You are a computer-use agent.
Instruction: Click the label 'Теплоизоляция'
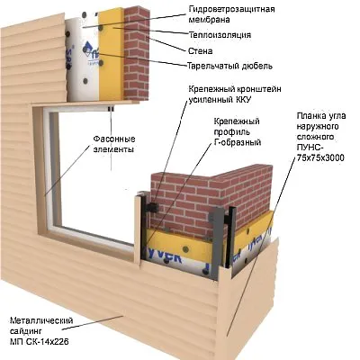pos(220,35)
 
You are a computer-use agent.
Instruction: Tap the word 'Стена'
pos(200,51)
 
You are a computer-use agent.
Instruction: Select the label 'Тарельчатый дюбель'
pos(229,66)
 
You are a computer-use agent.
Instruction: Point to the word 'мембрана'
pos(209,20)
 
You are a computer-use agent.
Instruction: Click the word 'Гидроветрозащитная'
pos(231,9)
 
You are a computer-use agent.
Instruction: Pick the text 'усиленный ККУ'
pos(220,100)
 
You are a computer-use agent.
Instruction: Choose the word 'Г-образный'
pos(238,142)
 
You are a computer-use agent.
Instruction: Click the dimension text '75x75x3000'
pos(320,157)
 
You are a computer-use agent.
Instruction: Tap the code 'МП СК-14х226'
pos(39,341)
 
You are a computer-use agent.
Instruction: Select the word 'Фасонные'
pos(114,139)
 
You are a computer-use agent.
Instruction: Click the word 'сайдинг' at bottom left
pos(26,331)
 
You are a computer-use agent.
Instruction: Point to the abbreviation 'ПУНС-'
pos(310,148)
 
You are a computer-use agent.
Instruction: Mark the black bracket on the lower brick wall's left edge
pos(152,207)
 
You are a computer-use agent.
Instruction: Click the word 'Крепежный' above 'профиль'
pos(237,121)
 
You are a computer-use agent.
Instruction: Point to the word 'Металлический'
pos(41,320)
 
